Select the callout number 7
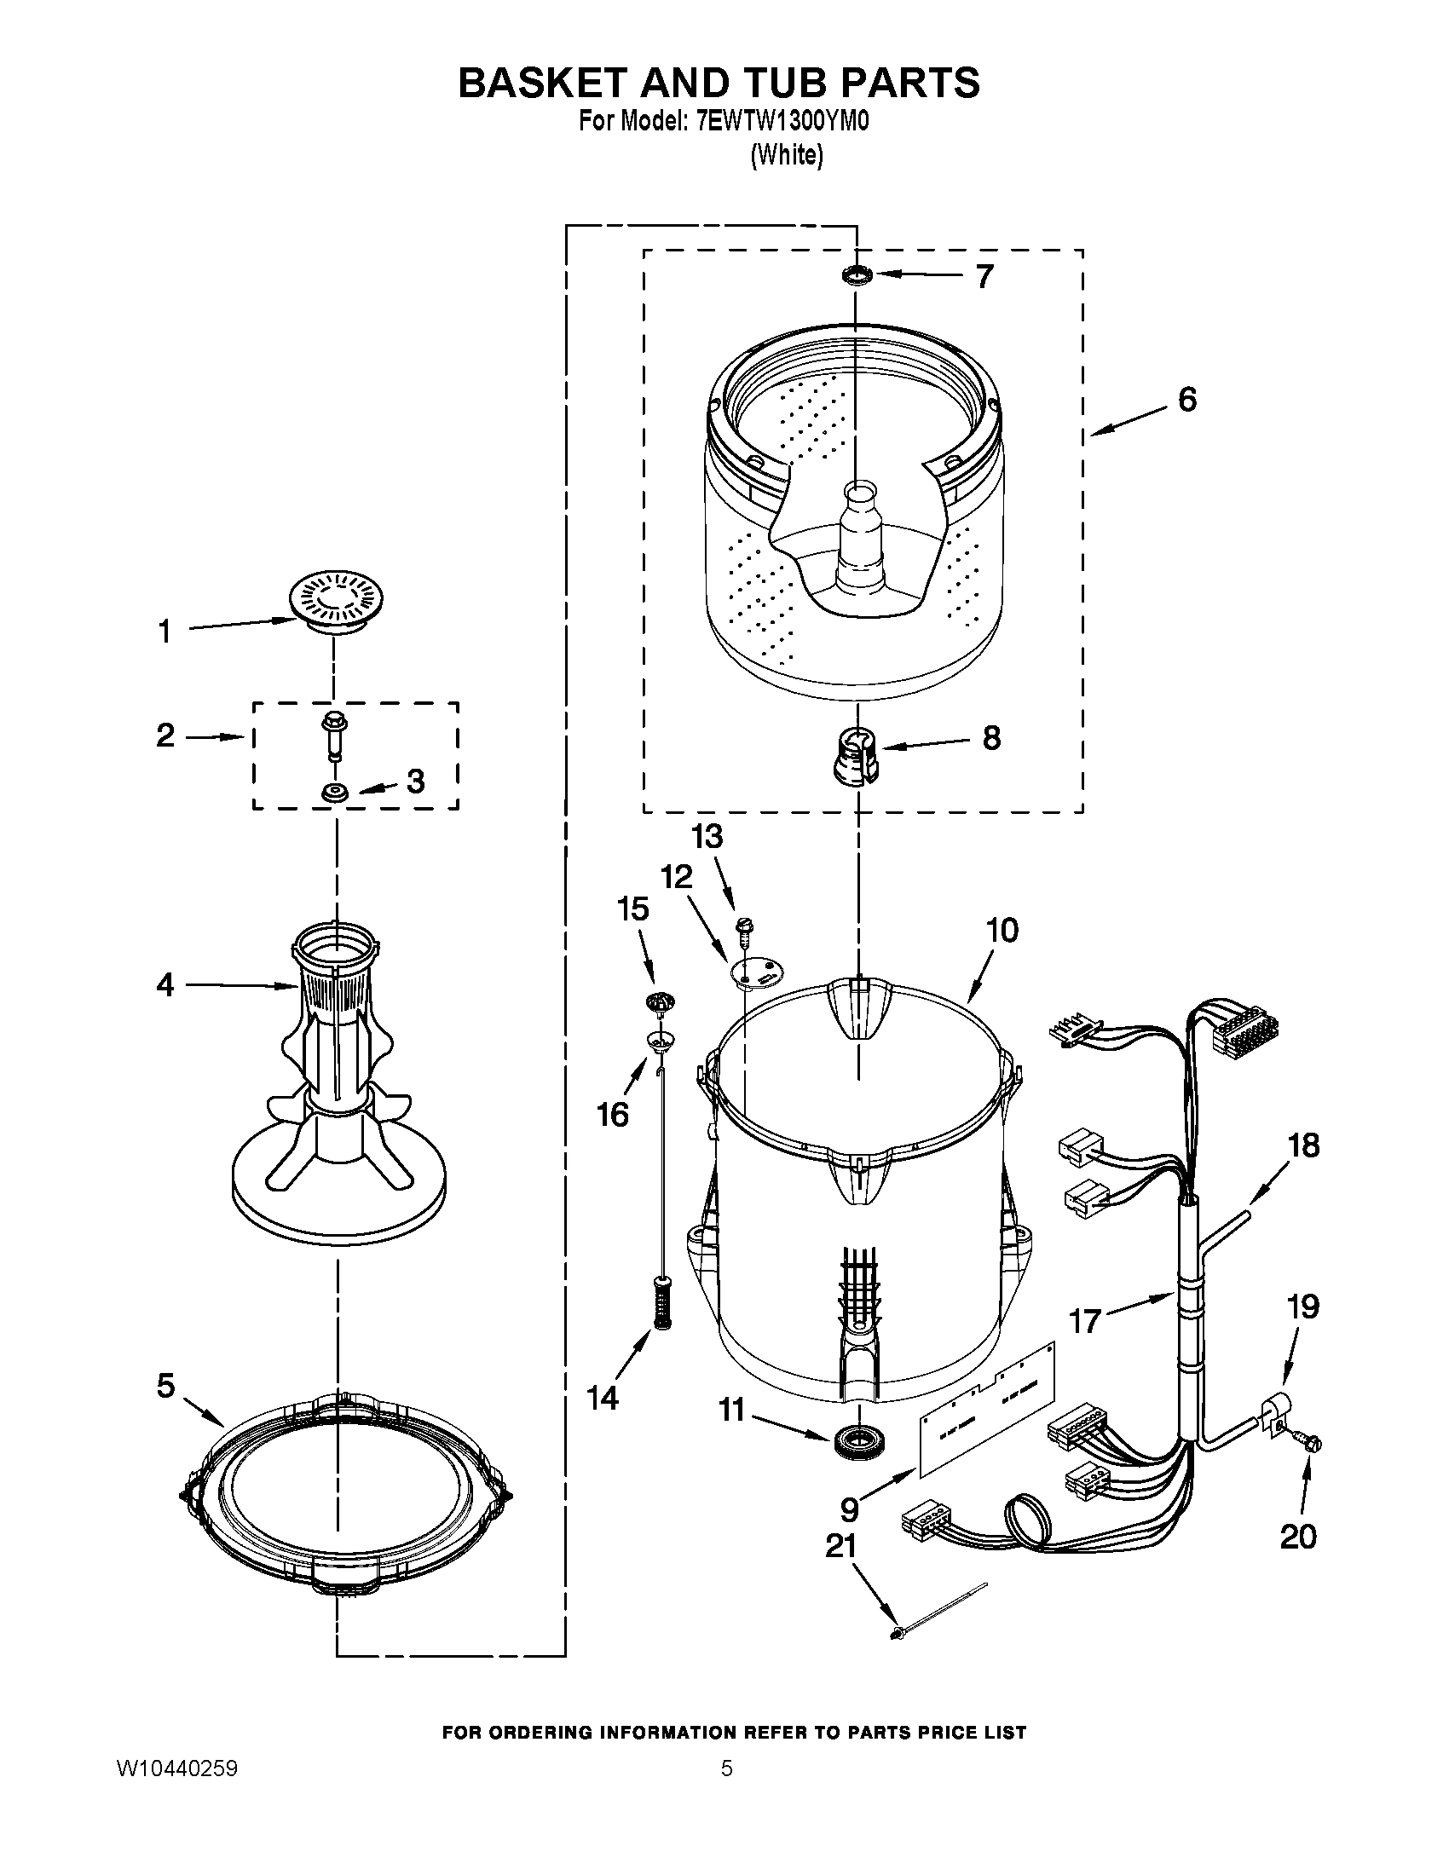[x=984, y=275]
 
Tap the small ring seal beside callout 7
[x=856, y=275]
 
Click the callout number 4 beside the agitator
[x=165, y=984]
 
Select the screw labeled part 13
[x=743, y=930]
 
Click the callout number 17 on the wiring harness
[x=1084, y=1320]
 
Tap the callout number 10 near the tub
[x=1002, y=930]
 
